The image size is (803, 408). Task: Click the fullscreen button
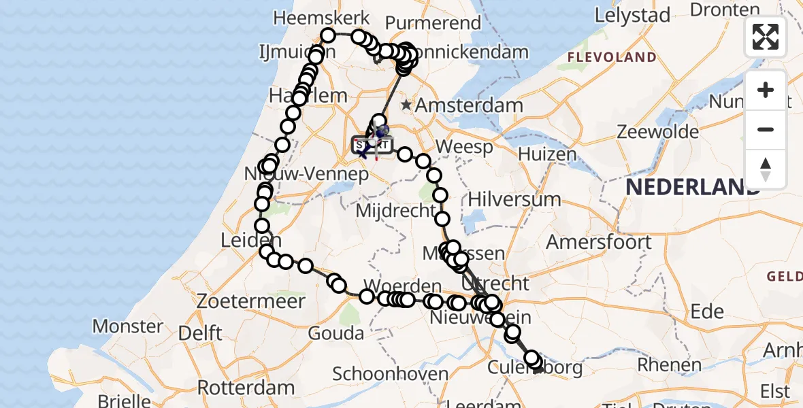766,37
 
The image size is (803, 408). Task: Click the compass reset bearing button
766,169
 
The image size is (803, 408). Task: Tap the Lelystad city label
632,15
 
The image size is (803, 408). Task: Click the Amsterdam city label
469,105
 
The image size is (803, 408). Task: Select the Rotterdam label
246,388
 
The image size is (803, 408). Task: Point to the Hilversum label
514,200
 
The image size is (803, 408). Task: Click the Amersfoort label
599,242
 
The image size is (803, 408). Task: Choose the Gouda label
335,333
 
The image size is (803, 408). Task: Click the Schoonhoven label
391,373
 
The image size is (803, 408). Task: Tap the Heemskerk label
323,18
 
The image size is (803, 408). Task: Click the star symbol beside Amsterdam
406,105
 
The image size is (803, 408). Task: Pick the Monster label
128,326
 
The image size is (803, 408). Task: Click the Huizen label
546,155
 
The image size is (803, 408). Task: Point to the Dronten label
725,10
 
